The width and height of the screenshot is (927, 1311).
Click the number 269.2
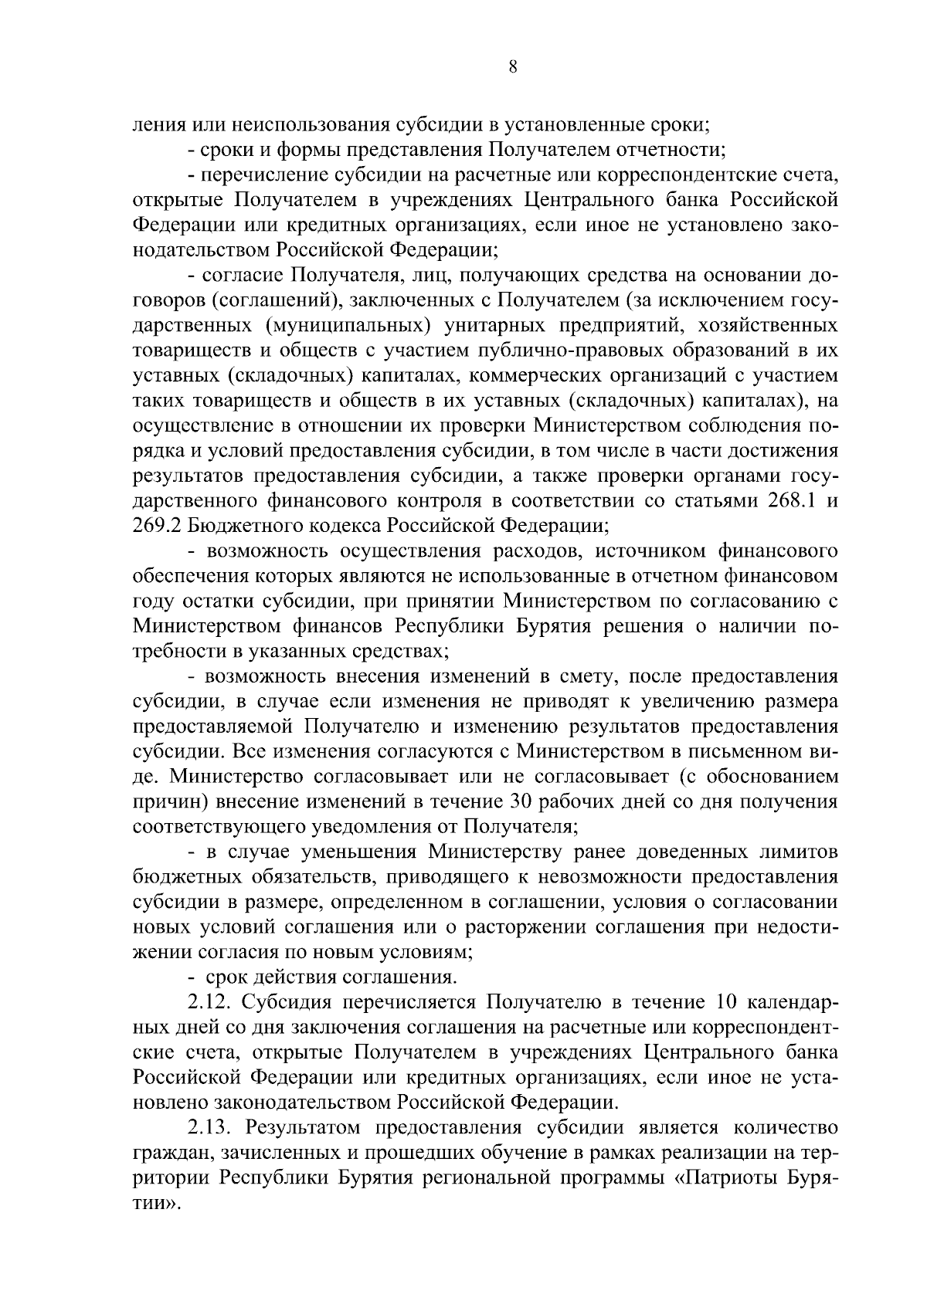click(x=158, y=526)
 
